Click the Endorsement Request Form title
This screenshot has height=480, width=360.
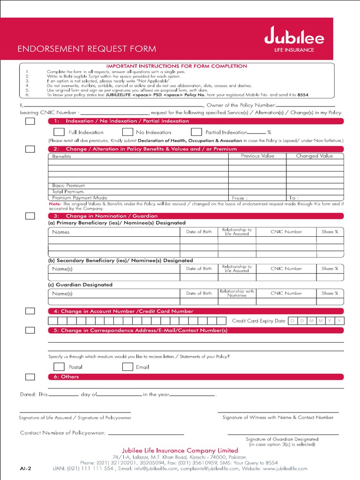[87, 49]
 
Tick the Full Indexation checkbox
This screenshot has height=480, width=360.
[59, 132]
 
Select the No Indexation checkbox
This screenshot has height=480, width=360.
[127, 132]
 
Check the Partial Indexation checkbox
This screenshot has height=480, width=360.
[196, 132]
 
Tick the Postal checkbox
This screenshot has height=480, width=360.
[59, 367]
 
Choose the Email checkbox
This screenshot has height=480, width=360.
[127, 367]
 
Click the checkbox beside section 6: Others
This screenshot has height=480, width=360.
[30, 377]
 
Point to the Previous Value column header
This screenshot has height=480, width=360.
[257, 156]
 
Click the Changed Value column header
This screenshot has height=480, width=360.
[314, 156]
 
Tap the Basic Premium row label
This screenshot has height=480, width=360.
[68, 186]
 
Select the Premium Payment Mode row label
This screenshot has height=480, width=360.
[80, 198]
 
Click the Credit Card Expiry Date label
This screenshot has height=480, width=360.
[258, 321]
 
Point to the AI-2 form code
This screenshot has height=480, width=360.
[25, 468]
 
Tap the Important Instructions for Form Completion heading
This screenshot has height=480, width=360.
[177, 66]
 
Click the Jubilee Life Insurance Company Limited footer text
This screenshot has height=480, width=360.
[180, 450]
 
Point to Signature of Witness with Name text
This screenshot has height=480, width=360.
[277, 417]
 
